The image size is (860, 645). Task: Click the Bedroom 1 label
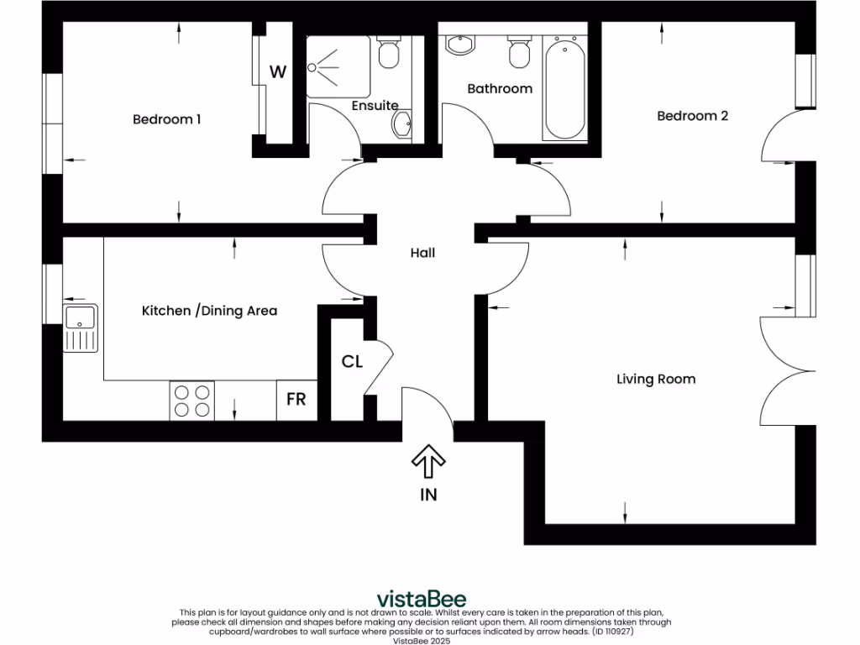click(166, 119)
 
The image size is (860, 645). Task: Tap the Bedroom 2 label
click(692, 116)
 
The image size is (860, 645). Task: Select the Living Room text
click(656, 379)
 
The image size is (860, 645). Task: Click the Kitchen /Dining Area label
click(209, 311)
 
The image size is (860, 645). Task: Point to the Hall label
click(422, 252)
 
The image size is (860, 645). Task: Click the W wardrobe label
click(277, 72)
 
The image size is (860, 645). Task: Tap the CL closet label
click(352, 362)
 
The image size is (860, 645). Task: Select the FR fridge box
click(296, 400)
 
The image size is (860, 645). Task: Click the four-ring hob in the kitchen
click(192, 401)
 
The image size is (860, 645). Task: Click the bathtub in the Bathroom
click(564, 88)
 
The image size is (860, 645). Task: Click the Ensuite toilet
click(388, 53)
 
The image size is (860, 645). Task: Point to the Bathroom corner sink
click(459, 45)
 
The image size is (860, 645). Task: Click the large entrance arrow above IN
click(428, 462)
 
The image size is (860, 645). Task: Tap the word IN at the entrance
click(428, 495)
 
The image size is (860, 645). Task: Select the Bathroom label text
click(500, 88)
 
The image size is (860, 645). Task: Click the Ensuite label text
click(375, 106)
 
